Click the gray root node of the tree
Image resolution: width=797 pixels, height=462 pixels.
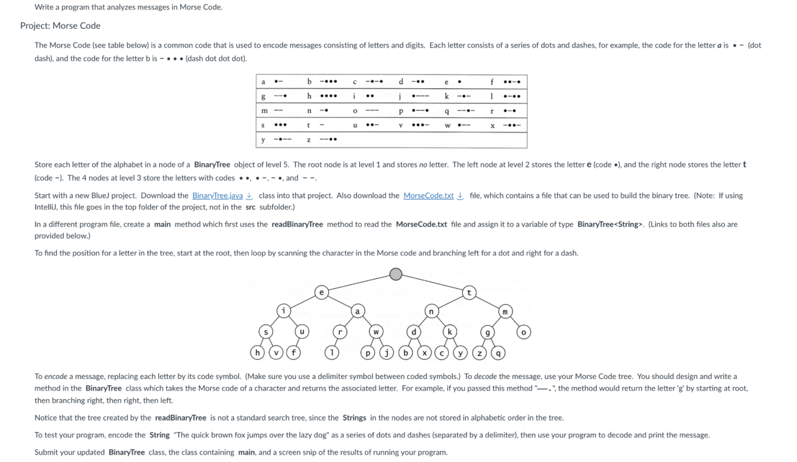tap(396, 274)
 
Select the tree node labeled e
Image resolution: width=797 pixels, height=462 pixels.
tap(321, 292)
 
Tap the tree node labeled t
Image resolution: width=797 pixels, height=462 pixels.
tap(469, 292)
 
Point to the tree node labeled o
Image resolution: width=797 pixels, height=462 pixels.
tap(524, 332)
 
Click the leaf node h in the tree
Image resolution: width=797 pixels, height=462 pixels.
tap(256, 353)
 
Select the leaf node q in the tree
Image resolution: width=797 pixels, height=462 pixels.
tap(499, 353)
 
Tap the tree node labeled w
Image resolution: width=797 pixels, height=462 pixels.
tap(376, 332)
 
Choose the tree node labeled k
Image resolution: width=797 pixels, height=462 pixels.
tap(450, 332)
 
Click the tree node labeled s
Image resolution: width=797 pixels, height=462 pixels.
tap(267, 332)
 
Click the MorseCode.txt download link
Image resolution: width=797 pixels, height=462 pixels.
tap(428, 195)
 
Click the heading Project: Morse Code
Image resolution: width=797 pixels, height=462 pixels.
tap(60, 26)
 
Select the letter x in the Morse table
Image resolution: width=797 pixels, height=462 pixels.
tap(493, 126)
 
